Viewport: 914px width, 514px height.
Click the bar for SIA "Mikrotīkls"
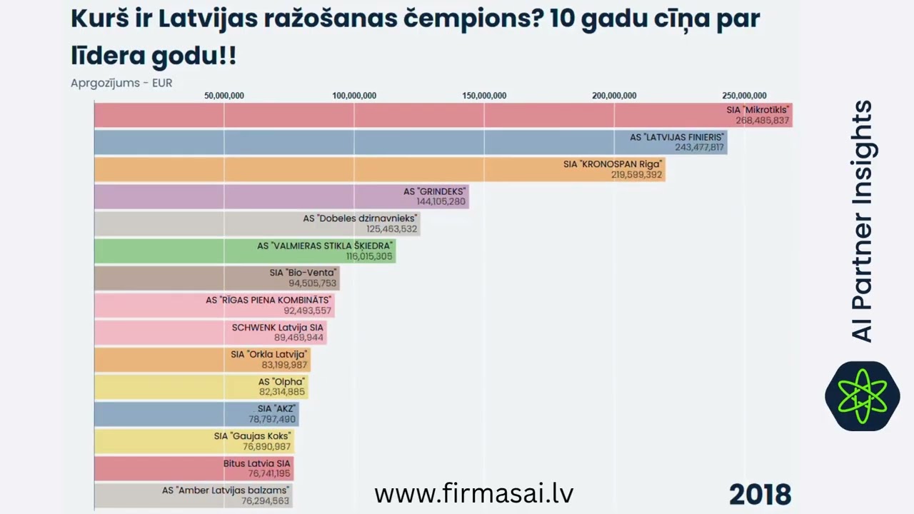pos(443,115)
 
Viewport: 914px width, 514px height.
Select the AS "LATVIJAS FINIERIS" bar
pos(411,142)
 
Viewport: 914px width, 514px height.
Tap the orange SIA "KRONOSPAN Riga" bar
pos(379,169)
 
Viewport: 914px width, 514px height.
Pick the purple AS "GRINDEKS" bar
pos(281,196)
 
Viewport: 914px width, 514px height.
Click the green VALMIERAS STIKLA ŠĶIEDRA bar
pos(245,251)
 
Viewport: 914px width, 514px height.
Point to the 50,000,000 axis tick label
pos(224,96)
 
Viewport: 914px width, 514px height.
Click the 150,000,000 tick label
pos(484,96)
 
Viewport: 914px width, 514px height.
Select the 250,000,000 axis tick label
pos(744,96)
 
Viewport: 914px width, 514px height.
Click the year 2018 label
pos(760,494)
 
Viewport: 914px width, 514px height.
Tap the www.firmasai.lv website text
pos(473,493)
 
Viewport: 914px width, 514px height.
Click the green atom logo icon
pos(862,395)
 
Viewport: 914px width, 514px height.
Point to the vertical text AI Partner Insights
pos(863,221)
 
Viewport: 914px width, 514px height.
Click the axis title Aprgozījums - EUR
pos(121,83)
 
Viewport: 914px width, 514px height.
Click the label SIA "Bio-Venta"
pos(303,273)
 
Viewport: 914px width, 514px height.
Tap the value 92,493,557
pos(308,311)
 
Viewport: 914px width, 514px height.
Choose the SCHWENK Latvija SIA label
pos(278,328)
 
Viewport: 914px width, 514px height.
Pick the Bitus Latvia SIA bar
pos(194,468)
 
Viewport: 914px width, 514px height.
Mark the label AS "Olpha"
pos(281,382)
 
